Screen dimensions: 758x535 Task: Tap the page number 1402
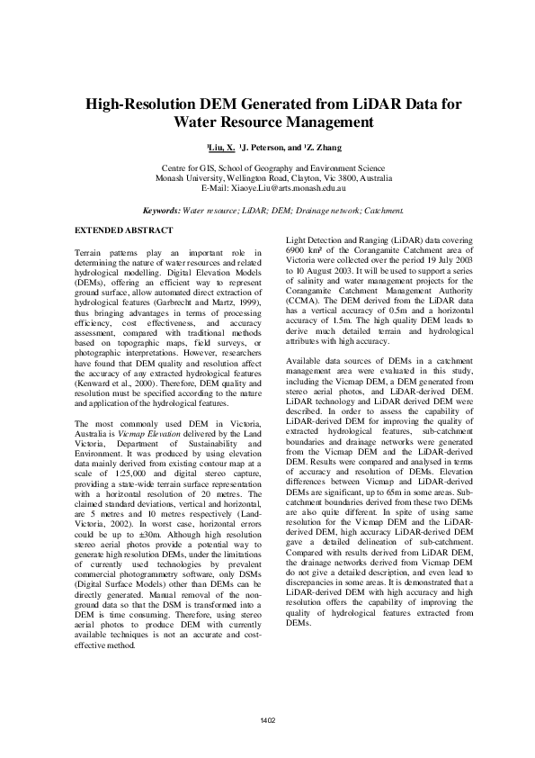pos(267,720)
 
